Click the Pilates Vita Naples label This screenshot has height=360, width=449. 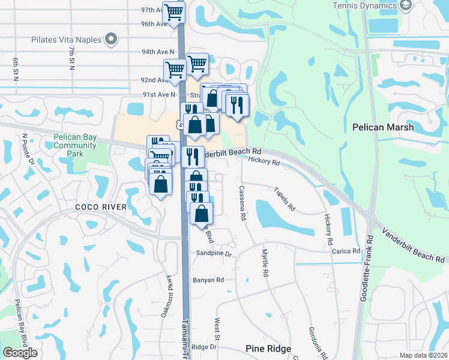(66, 40)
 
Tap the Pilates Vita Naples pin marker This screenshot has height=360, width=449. (110, 40)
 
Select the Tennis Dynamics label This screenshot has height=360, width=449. (363, 5)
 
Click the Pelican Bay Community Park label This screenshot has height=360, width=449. (75, 145)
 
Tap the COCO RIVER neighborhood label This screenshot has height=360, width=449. (101, 207)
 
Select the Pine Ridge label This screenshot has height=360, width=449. (268, 349)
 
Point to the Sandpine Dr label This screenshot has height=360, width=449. (214, 254)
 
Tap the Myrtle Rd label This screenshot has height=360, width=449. (265, 263)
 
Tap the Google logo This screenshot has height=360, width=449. (20, 353)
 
